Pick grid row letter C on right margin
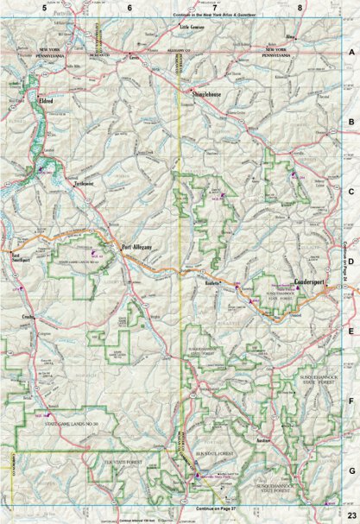(351, 192)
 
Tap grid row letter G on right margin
(351, 470)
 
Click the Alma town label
(290, 38)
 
